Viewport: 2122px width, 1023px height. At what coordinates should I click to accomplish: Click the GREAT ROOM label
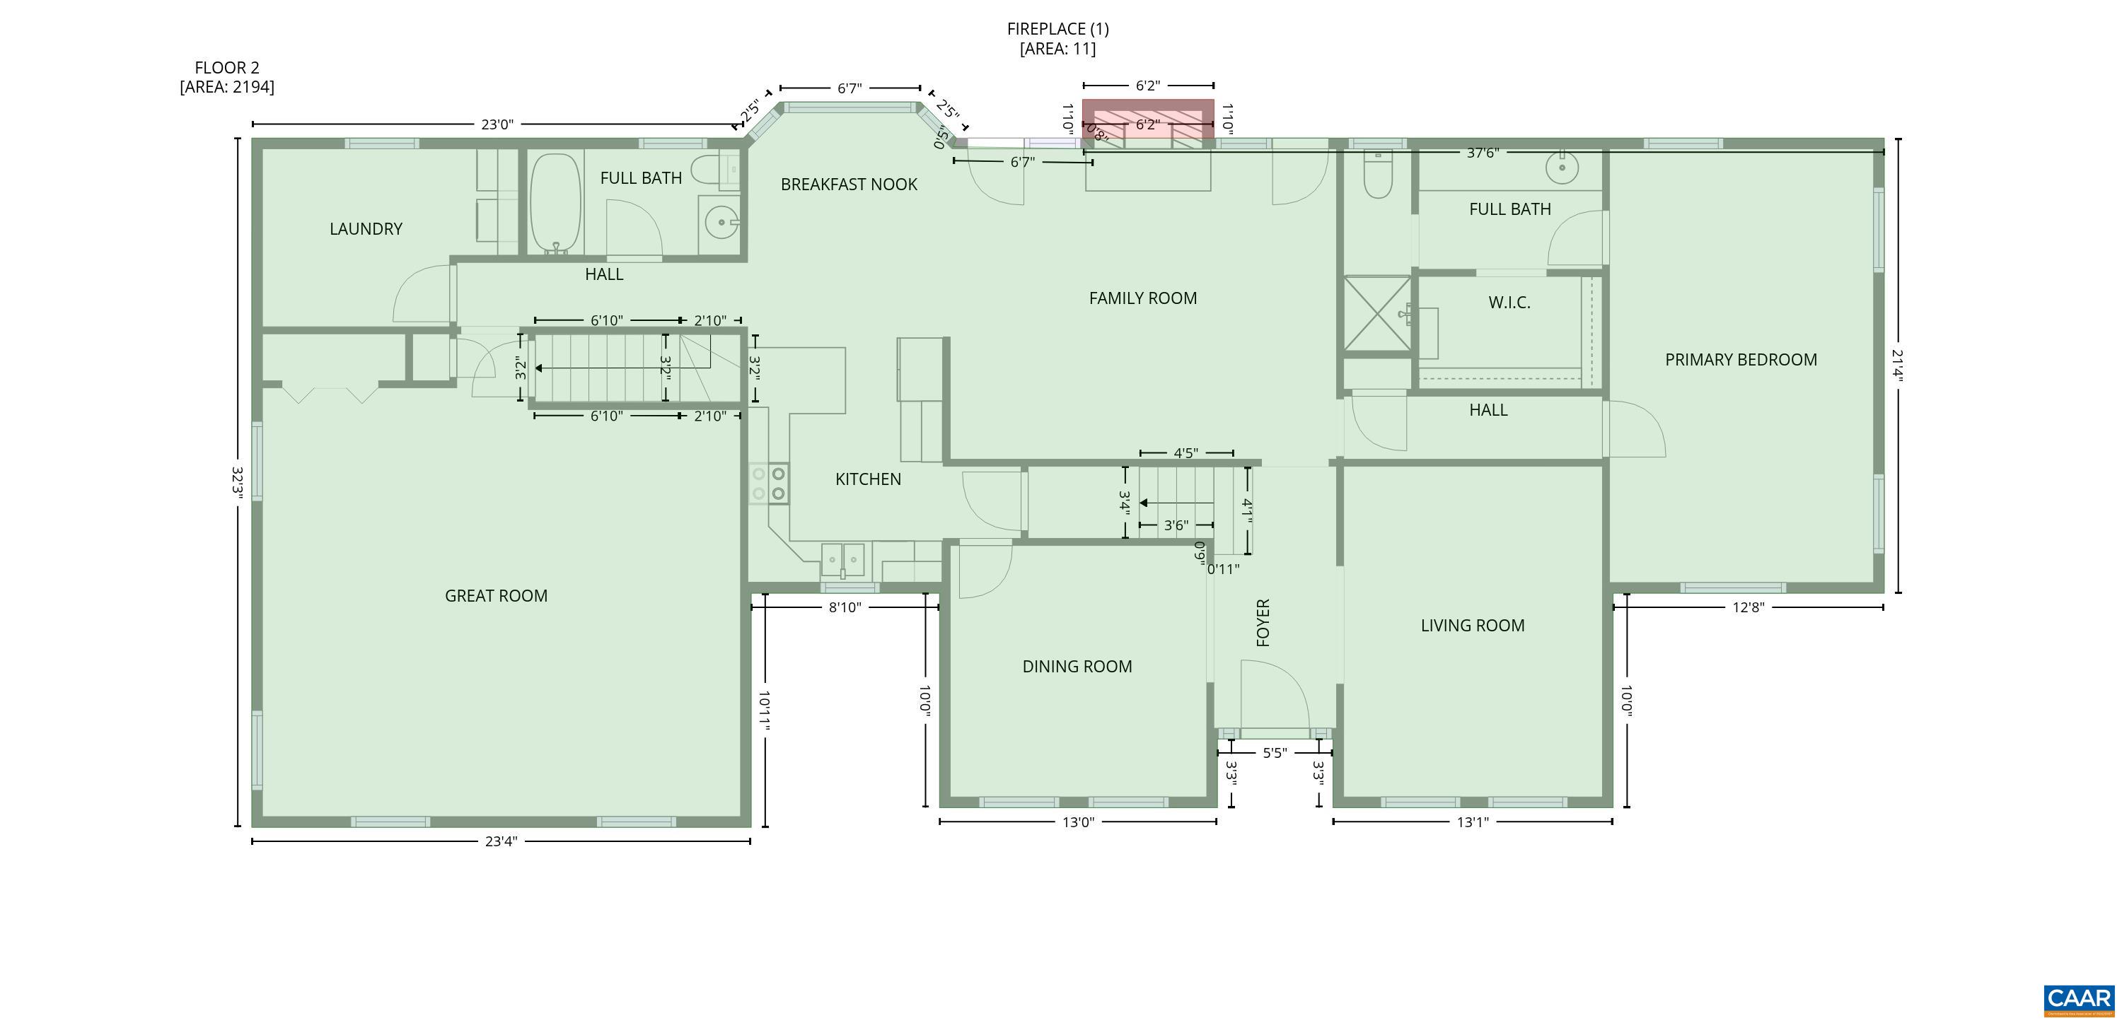tap(496, 595)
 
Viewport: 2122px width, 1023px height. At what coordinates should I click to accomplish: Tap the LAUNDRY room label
tap(366, 229)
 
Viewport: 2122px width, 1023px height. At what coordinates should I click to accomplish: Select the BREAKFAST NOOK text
tap(849, 185)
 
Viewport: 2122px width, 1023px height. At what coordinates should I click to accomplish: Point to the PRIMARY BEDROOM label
tap(1741, 360)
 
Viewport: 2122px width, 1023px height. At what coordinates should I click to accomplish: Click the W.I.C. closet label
tap(1509, 303)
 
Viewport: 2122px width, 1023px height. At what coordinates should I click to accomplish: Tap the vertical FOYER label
tap(1263, 622)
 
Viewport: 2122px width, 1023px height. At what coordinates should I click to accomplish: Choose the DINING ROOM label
tap(1077, 667)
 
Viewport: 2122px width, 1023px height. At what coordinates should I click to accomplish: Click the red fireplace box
tap(1147, 119)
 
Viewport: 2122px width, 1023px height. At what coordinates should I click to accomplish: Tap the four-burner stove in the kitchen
tap(769, 484)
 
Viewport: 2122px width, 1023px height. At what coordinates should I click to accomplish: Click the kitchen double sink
tap(842, 560)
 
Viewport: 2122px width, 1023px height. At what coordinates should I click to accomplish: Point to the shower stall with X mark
tap(1376, 313)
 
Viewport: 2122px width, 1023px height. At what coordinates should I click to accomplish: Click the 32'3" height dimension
tap(237, 482)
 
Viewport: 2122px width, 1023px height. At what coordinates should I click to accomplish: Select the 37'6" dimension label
tap(1482, 153)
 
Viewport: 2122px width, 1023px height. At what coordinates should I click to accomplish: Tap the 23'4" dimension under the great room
tap(501, 841)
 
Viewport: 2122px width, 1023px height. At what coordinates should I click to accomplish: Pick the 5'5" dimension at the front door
tap(1275, 752)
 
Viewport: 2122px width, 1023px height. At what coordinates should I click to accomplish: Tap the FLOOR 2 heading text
tap(226, 68)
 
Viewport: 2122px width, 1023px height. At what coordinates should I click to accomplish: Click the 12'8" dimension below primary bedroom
tap(1748, 607)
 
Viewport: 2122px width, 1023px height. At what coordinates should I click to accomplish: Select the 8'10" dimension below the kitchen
tap(845, 607)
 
